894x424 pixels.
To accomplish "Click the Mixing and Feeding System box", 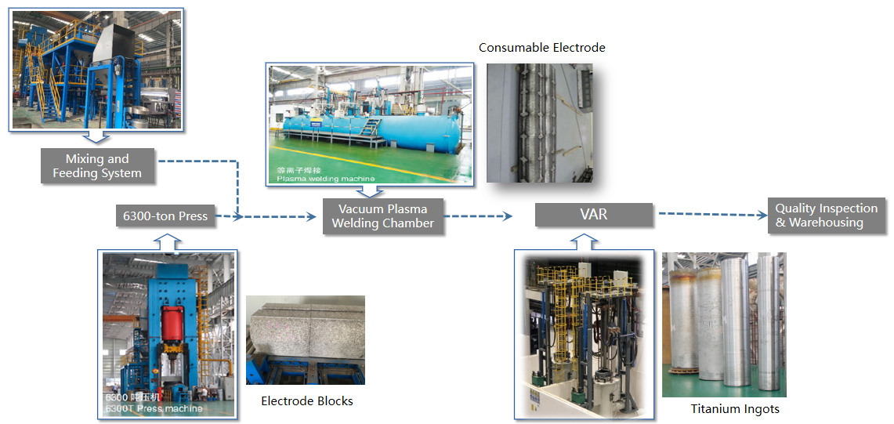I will point(97,166).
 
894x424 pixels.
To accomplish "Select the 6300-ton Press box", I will point(165,216).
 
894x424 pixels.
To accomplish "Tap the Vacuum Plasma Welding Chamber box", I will point(382,216).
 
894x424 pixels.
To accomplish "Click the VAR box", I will point(593,214).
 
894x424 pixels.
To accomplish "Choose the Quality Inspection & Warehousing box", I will point(825,216).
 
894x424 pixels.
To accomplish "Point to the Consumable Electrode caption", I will point(542,48).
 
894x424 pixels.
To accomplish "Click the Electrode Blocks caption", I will point(307,401).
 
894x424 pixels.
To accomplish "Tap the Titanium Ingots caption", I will point(734,409).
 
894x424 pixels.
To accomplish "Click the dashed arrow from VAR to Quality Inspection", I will point(708,213).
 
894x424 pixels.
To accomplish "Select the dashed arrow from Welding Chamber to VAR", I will point(478,215).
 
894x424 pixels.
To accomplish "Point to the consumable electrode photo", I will point(539,122).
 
